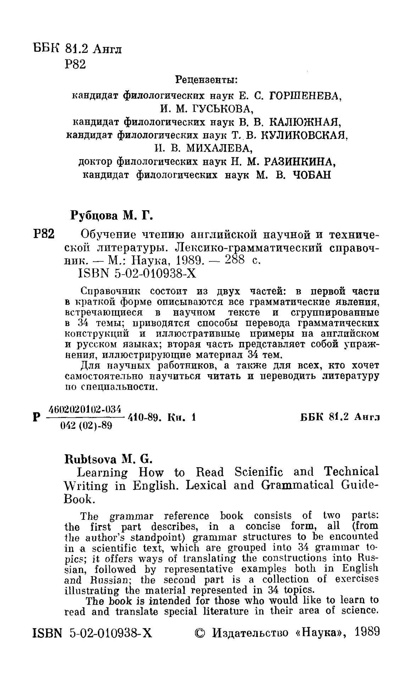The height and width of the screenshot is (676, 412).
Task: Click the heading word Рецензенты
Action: tap(206, 80)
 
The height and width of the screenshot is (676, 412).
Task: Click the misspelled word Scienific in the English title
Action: tap(258, 472)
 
